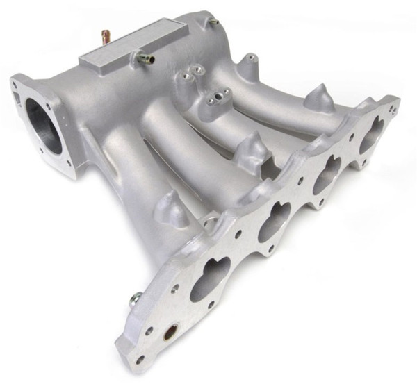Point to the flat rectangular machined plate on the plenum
tap(133, 43)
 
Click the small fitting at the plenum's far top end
tap(213, 22)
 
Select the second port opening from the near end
tap(274, 223)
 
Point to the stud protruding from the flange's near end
tap(134, 300)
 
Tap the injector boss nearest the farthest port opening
tap(319, 99)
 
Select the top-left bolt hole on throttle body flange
tap(14, 83)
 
